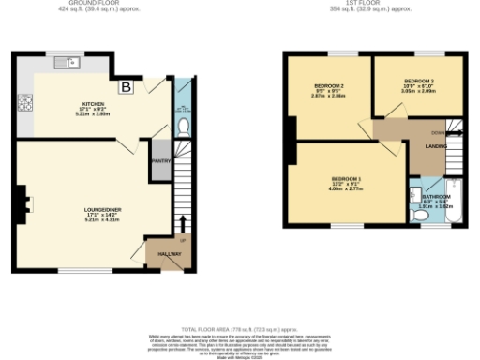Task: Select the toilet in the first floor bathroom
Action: click(x=421, y=217)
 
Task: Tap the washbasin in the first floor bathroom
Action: click(x=414, y=193)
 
